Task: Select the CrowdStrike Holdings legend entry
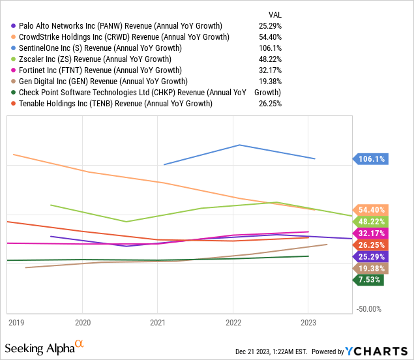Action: coord(124,37)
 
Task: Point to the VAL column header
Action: coord(274,14)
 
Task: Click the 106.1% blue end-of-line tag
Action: coord(371,158)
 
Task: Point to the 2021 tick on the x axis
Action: coord(157,322)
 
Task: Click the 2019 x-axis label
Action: coord(16,322)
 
